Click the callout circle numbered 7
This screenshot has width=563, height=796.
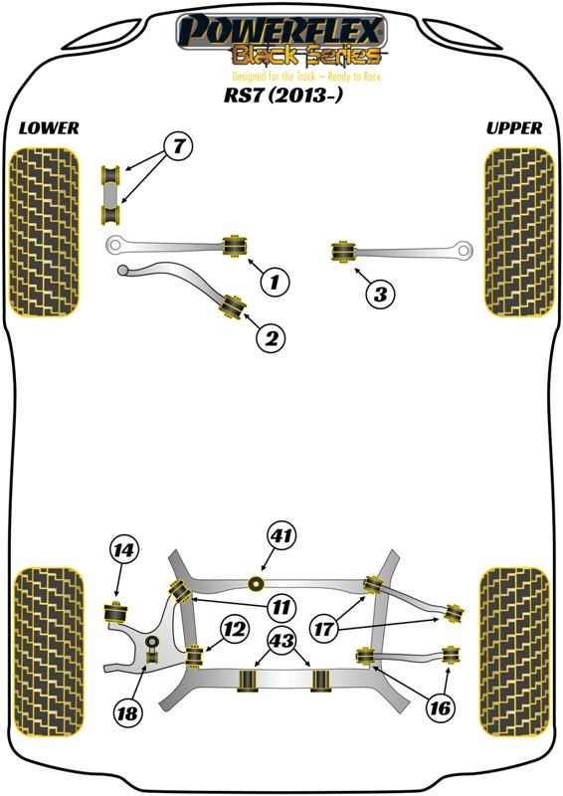pyautogui.click(x=178, y=147)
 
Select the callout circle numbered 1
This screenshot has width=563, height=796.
pyautogui.click(x=276, y=282)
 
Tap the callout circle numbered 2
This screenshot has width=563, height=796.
pyautogui.click(x=272, y=337)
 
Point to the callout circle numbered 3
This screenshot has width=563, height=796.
pyautogui.click(x=380, y=294)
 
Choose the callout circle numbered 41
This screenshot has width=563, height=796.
pyautogui.click(x=282, y=535)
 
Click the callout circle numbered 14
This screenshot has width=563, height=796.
pyautogui.click(x=123, y=550)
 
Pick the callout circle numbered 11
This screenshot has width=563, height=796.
pyautogui.click(x=281, y=606)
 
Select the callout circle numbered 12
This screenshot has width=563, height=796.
pyautogui.click(x=236, y=629)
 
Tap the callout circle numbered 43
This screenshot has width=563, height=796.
pyautogui.click(x=281, y=642)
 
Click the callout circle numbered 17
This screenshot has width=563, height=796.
pyautogui.click(x=324, y=629)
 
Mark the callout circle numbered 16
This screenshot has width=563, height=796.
pyautogui.click(x=440, y=707)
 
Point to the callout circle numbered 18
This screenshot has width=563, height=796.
pyautogui.click(x=127, y=712)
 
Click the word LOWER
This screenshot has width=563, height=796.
pyautogui.click(x=49, y=128)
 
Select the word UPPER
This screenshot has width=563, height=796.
pyautogui.click(x=513, y=128)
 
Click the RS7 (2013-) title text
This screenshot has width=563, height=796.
pyautogui.click(x=283, y=95)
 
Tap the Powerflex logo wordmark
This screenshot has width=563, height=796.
pyautogui.click(x=281, y=32)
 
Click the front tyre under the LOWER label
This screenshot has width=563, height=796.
pyautogui.click(x=45, y=233)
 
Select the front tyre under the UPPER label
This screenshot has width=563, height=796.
pyautogui.click(x=519, y=233)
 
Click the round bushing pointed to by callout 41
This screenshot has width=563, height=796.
pyautogui.click(x=257, y=584)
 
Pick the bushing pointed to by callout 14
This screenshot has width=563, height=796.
pyautogui.click(x=115, y=613)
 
